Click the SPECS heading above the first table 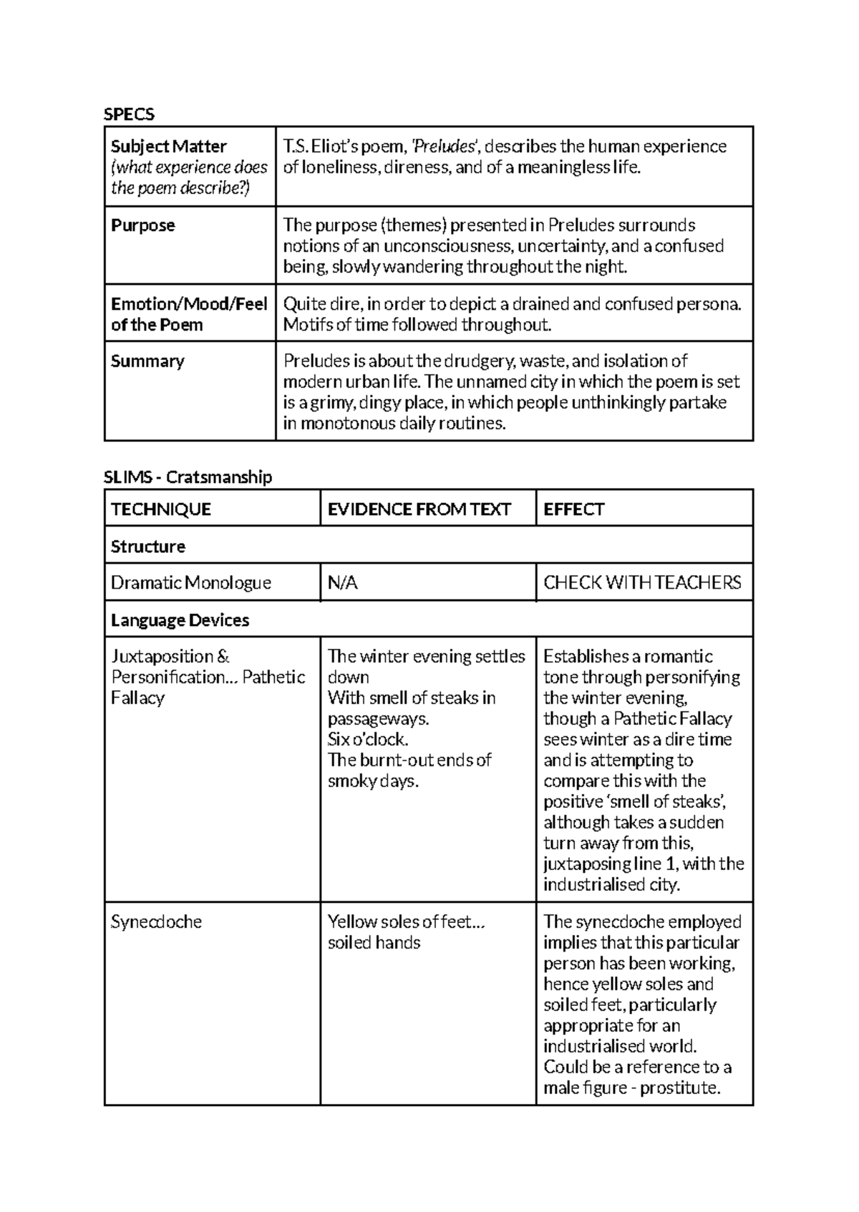129,114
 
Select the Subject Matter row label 168,147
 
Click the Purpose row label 143,225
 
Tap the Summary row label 147,361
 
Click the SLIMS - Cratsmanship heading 188,477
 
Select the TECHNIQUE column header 161,509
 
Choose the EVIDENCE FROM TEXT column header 419,509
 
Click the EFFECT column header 574,509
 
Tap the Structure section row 148,547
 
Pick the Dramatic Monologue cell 191,583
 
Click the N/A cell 343,583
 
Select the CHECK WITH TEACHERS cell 642,583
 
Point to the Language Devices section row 180,620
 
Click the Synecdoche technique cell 156,922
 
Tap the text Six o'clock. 368,739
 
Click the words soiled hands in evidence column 374,942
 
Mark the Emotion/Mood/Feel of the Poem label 189,314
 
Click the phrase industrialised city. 610,885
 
